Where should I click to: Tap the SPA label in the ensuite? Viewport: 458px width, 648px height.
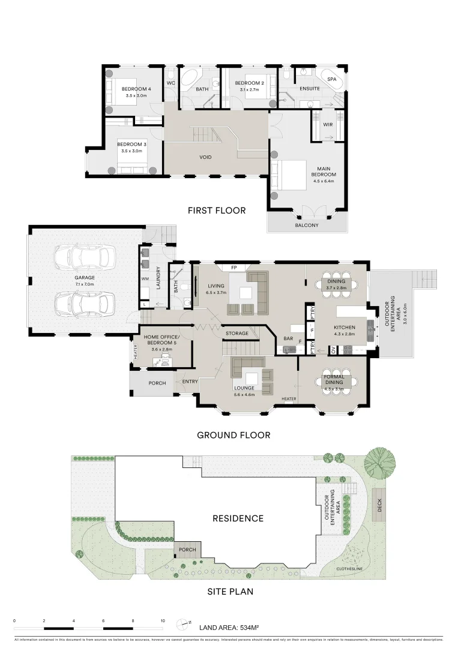click(331, 79)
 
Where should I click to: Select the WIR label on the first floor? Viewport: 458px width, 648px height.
click(328, 125)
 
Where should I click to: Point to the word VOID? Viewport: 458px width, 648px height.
click(206, 157)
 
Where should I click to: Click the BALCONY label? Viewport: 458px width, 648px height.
click(307, 226)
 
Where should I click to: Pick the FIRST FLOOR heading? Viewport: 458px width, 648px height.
click(217, 211)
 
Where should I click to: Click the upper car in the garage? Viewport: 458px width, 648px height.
click(82, 258)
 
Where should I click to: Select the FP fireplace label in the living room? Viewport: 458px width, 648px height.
click(234, 267)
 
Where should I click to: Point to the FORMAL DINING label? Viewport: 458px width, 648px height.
click(333, 379)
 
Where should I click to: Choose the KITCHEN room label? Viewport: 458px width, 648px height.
click(337, 327)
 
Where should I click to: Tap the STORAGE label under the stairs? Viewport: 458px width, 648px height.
click(237, 333)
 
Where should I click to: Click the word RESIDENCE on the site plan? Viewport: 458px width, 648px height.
click(237, 518)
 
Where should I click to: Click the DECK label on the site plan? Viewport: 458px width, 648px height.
click(379, 506)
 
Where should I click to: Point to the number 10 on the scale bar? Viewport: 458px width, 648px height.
click(162, 621)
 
